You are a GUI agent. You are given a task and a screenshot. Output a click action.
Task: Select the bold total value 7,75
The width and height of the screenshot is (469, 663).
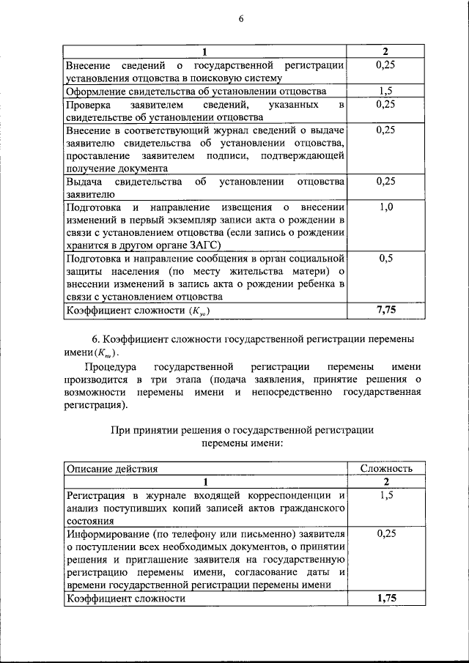[x=386, y=311]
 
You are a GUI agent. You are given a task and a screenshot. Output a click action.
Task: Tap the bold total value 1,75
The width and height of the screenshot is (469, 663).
[x=386, y=599]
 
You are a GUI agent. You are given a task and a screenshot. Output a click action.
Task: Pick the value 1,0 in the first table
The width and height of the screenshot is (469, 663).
[x=386, y=207]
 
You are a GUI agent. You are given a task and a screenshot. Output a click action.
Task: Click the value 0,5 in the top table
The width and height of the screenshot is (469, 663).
[x=386, y=259]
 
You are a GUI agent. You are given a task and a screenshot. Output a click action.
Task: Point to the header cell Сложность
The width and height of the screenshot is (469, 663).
[x=386, y=468]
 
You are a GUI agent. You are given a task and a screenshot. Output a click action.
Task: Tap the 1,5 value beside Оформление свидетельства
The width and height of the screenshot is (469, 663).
[x=386, y=92]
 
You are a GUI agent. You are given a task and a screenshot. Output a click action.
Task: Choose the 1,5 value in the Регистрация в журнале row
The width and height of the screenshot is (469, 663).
[x=386, y=496]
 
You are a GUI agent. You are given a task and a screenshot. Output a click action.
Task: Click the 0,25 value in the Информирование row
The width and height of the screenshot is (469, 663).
[x=386, y=534]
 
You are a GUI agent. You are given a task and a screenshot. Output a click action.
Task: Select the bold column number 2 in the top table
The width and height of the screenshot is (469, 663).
[x=386, y=52]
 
